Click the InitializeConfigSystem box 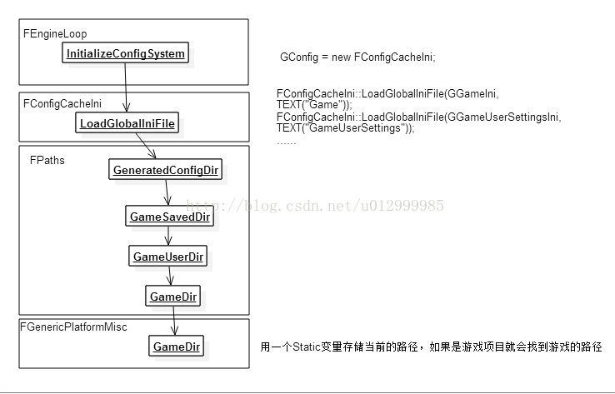(126, 52)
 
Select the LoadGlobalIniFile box (127, 122)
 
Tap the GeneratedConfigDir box (166, 169)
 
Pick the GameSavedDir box (169, 216)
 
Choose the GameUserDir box (167, 256)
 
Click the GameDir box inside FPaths (173, 296)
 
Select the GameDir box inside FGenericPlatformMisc (176, 346)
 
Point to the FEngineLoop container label (55, 33)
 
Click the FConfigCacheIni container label (62, 103)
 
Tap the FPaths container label (47, 160)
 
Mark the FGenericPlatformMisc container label (73, 327)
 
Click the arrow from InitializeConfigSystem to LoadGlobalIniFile (126, 87)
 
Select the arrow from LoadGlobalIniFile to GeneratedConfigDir (146, 146)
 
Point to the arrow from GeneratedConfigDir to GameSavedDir (167, 192)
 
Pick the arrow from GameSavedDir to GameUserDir (168, 236)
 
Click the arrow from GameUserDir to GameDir (170, 276)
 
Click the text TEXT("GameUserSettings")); (346, 128)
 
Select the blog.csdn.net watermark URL (315, 205)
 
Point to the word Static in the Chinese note (307, 347)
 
